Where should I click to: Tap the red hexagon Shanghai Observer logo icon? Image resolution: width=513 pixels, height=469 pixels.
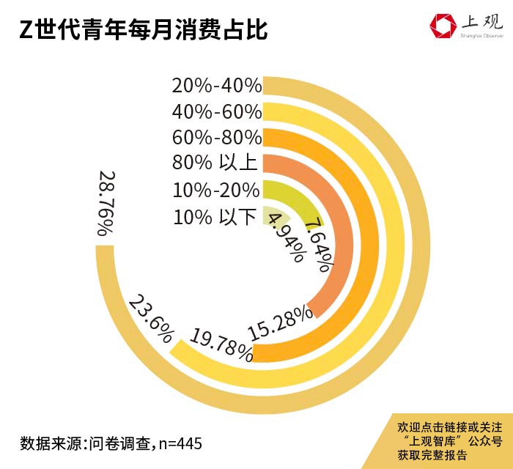point(442,26)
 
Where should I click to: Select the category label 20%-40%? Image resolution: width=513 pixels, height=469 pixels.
point(217,86)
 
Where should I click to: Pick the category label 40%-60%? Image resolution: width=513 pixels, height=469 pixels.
point(217,112)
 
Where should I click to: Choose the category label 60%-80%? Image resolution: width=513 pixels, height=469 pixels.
point(217,138)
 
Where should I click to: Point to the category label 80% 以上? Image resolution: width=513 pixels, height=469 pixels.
point(217,163)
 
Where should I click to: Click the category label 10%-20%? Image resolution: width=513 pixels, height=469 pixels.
point(217,191)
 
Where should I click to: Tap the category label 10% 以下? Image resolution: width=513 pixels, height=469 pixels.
point(217,217)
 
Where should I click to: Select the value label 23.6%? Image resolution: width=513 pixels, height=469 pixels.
point(151,319)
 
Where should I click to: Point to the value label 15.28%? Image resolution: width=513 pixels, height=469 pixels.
point(281,320)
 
